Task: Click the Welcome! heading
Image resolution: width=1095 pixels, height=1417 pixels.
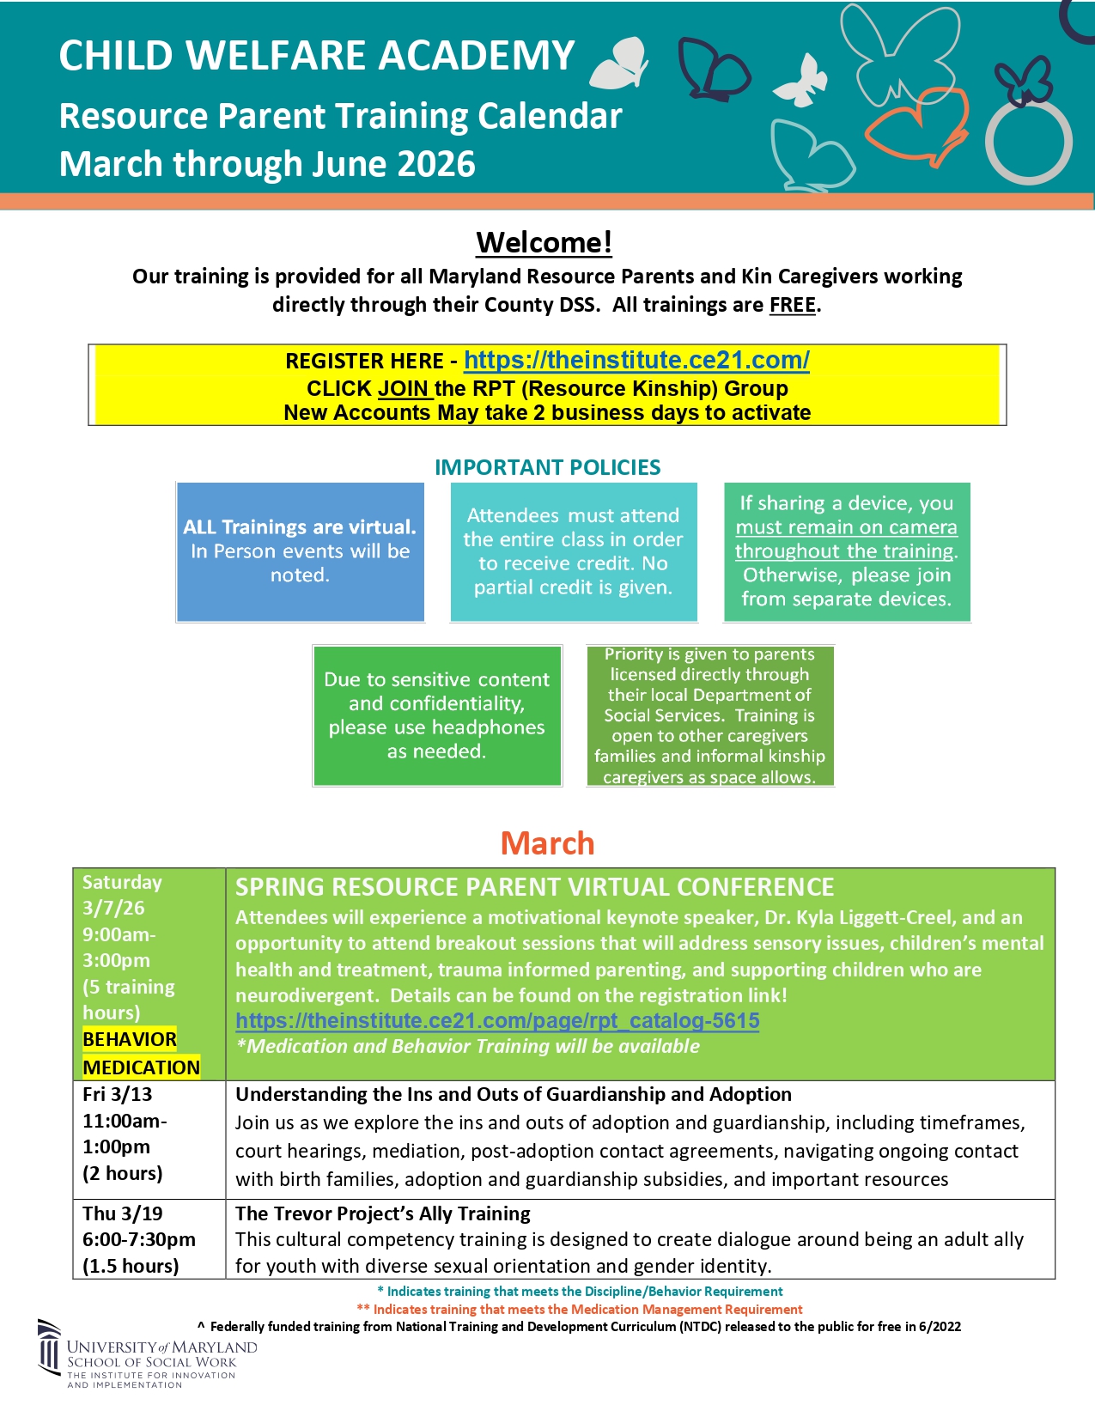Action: click(544, 243)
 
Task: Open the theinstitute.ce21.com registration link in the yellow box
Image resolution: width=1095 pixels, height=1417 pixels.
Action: click(636, 361)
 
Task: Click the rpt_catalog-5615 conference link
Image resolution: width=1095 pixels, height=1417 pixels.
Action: click(497, 1021)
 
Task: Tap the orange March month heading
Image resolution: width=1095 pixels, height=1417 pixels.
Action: click(547, 843)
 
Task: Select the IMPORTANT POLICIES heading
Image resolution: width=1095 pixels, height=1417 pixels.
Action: click(547, 467)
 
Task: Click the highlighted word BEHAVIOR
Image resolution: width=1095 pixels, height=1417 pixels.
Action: click(130, 1039)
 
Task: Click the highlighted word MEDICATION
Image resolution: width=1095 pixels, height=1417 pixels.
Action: click(141, 1067)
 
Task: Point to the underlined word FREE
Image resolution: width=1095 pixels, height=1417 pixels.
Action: click(792, 306)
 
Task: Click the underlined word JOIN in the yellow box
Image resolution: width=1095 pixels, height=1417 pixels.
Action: click(404, 389)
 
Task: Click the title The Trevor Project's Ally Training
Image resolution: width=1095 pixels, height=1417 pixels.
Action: click(383, 1213)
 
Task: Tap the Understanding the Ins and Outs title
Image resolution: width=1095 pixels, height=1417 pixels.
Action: click(514, 1094)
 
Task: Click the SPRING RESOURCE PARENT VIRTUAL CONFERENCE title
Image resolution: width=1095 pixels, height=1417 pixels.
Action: click(534, 887)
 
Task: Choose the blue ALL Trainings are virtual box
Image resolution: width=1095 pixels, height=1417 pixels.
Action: click(300, 551)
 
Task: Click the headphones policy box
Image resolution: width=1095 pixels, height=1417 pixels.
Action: click(436, 715)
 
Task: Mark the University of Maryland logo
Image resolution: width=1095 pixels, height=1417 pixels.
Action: click(146, 1353)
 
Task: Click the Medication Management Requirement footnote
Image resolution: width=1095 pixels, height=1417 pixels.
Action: click(580, 1310)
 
